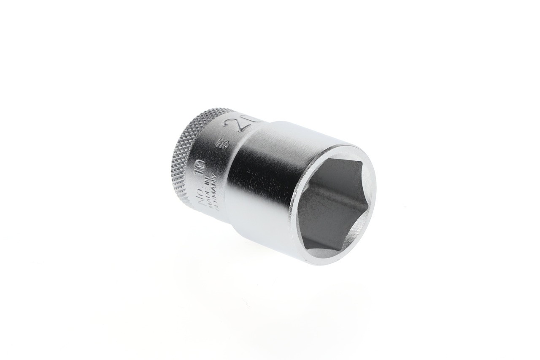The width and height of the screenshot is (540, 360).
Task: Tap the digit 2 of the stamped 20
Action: (232, 126)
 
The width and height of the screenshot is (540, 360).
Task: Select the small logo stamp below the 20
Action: (220, 145)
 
